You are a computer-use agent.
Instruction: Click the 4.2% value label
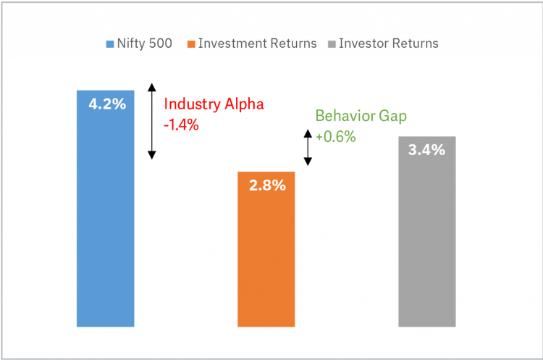point(106,104)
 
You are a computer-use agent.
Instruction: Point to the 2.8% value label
point(267,185)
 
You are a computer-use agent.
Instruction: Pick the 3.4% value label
point(426,151)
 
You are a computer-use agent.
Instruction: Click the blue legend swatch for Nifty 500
point(109,44)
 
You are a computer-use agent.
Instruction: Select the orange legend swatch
point(191,44)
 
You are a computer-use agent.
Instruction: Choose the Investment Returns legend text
point(257,43)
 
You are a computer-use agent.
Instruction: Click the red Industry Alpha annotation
point(214,104)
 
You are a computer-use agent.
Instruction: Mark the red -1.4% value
point(181,125)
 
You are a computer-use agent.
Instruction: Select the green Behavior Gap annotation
point(360,117)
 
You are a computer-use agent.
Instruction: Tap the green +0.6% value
point(335,136)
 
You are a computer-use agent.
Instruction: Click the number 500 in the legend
point(160,43)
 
